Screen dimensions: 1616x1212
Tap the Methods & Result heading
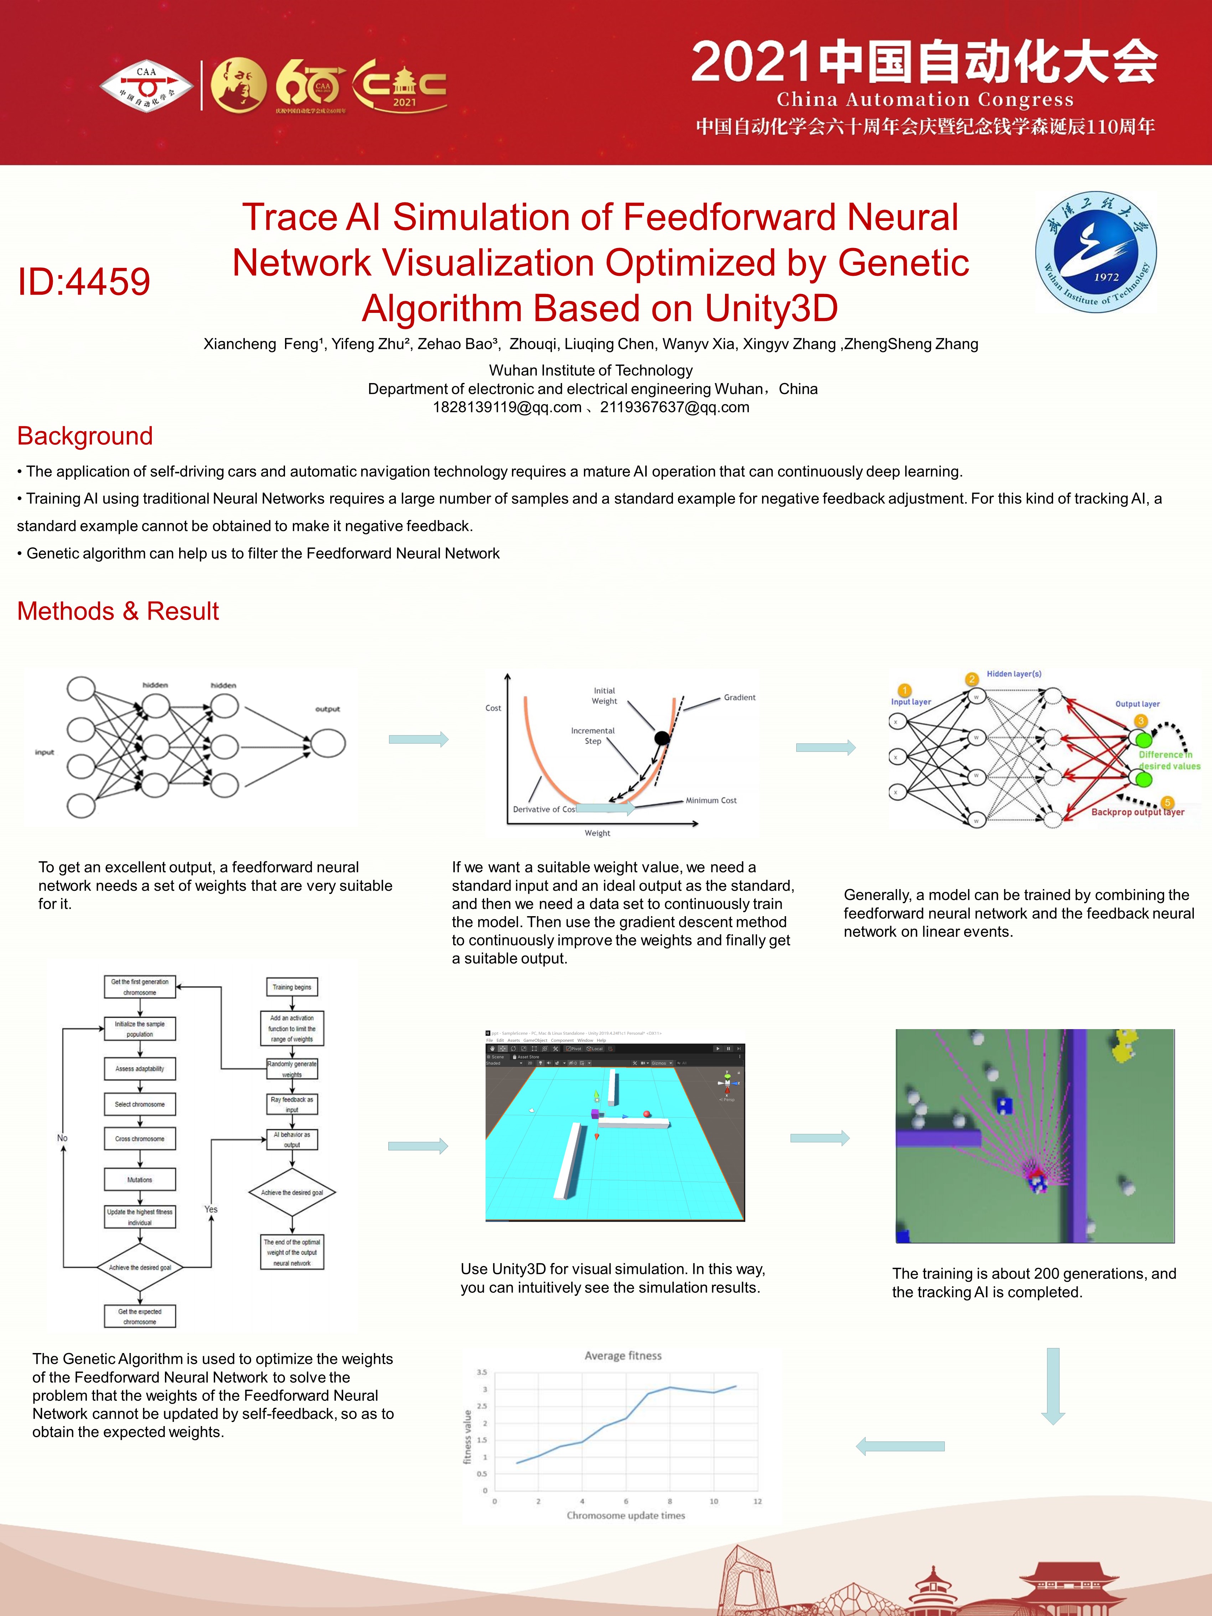(x=118, y=611)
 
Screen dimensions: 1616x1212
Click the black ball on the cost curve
(x=662, y=738)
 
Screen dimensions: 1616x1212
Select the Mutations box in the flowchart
(x=140, y=1179)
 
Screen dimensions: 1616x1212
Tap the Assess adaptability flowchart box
(x=140, y=1069)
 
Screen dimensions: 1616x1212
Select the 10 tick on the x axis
(x=714, y=1501)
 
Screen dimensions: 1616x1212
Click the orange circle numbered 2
(x=972, y=680)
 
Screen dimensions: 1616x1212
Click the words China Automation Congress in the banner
(x=925, y=99)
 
